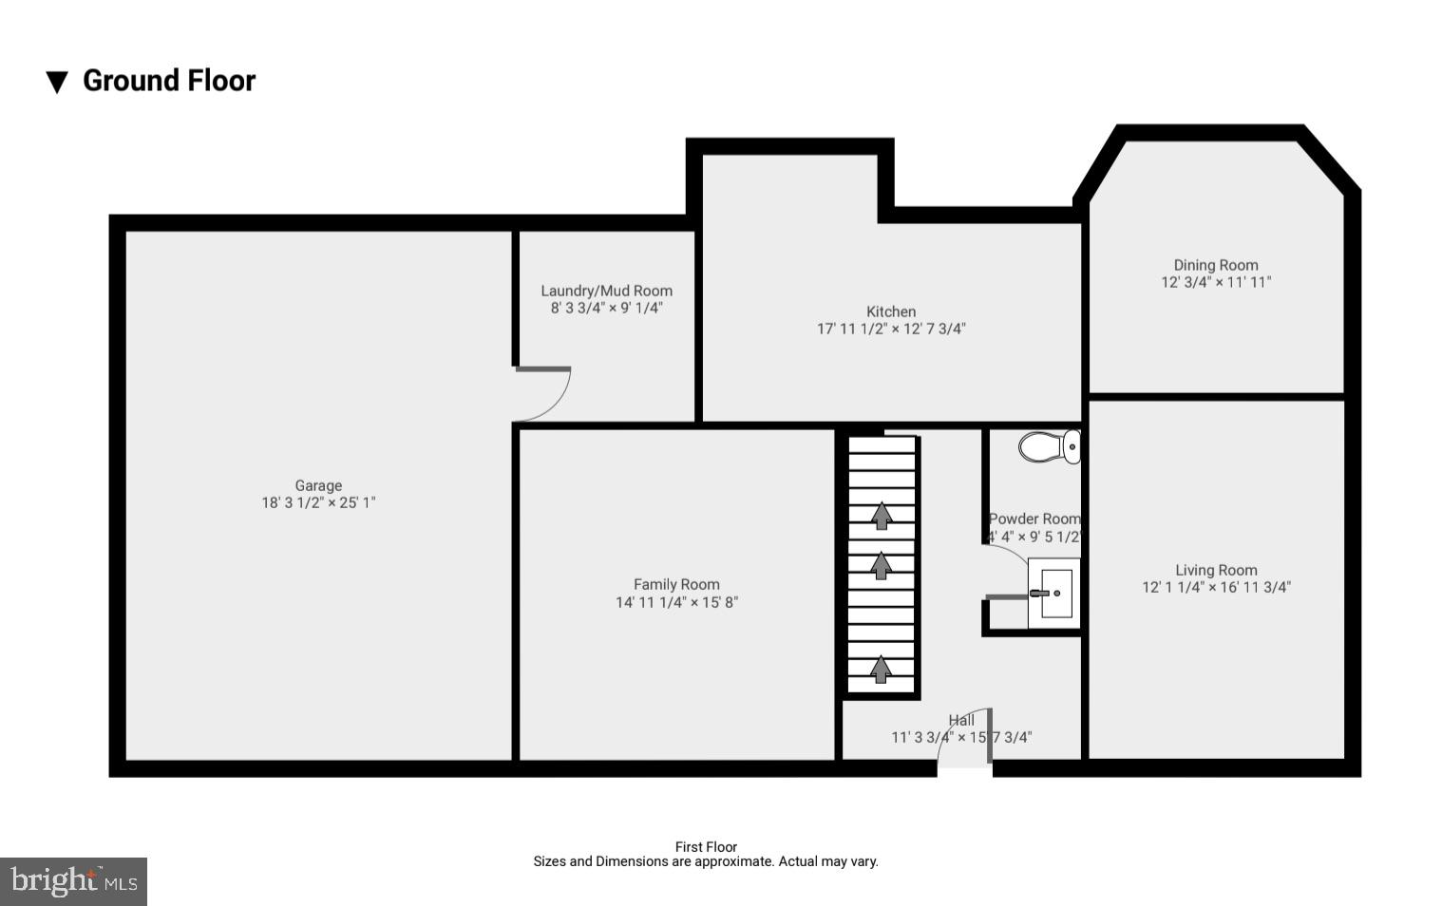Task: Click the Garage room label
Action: [318, 485]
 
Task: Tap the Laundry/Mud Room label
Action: [606, 291]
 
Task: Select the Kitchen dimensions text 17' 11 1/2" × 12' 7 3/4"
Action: [891, 329]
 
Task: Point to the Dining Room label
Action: [1215, 265]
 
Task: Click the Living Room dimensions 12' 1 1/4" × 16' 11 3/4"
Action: [1216, 587]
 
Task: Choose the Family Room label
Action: [676, 584]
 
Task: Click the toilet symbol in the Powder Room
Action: [1049, 446]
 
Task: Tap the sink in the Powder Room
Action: [1053, 594]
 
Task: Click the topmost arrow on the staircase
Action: [882, 516]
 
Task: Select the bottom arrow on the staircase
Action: [881, 669]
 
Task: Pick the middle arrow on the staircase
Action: [881, 565]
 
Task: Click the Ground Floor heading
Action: [169, 81]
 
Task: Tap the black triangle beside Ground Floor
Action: [57, 83]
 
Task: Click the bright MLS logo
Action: [73, 881]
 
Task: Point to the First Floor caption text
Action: [706, 846]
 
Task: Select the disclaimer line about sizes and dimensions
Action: [705, 861]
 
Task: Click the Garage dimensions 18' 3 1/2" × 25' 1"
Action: [318, 502]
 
